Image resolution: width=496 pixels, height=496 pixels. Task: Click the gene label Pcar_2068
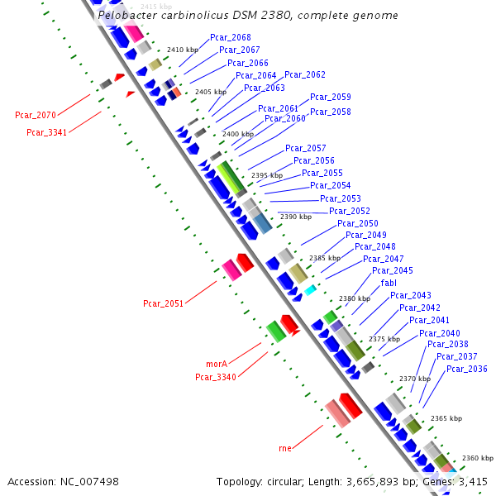point(231,38)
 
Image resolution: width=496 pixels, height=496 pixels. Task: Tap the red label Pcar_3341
point(47,132)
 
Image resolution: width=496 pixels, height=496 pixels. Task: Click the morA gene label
point(216,364)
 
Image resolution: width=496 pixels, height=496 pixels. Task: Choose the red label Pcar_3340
point(216,377)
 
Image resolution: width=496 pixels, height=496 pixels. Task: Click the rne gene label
point(285,448)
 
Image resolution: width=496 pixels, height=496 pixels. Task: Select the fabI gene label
point(389,283)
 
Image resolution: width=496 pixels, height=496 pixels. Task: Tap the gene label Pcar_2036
point(467,369)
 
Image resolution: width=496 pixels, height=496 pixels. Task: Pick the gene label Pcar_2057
point(306,149)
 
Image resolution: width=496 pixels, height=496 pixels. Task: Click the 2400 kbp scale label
point(238,134)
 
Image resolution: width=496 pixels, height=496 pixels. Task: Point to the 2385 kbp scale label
point(324,259)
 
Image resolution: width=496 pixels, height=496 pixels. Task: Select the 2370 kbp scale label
point(414,379)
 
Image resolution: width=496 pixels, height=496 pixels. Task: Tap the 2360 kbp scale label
point(477,458)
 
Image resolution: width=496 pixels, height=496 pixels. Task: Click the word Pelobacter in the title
point(123,16)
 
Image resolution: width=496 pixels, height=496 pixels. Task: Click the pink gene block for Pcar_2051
point(231,269)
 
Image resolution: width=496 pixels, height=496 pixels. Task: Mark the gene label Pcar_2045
point(393,270)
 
